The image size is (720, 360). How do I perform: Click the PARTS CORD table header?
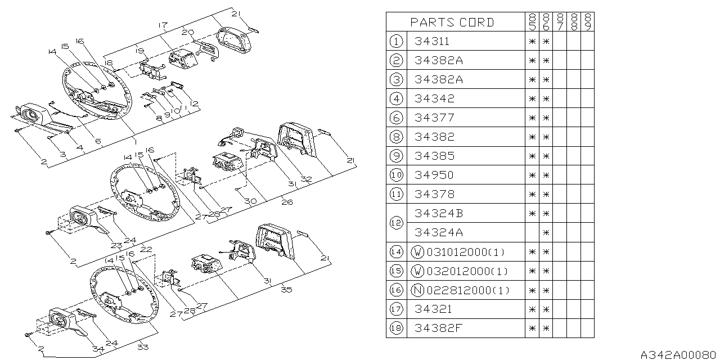coord(452,22)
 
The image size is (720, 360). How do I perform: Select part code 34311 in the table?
coord(431,41)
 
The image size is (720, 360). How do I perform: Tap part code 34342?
coord(434,98)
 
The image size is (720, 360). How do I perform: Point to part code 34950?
coord(434,175)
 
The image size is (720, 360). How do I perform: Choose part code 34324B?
coord(438,213)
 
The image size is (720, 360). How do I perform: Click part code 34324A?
coord(438,232)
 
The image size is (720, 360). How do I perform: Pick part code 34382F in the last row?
coord(438,328)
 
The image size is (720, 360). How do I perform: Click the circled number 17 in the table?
coord(396,309)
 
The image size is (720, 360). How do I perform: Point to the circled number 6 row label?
coord(396,118)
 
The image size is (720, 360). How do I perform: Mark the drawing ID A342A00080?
coord(679,354)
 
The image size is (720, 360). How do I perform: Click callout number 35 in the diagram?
coord(287,290)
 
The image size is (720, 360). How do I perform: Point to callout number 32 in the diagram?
coord(306,179)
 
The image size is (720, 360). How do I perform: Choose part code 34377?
coord(434,118)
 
